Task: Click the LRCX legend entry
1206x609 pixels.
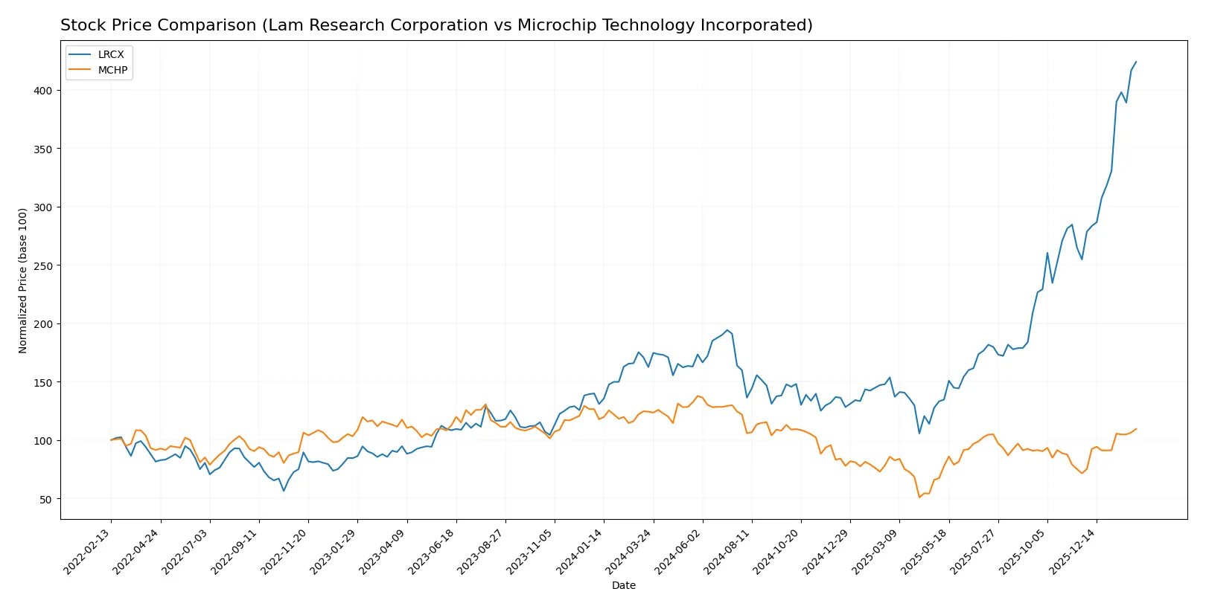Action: tap(110, 54)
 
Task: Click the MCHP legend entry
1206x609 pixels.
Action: tap(112, 70)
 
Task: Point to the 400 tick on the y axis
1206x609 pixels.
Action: tap(42, 91)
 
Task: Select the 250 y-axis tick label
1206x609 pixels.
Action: tap(42, 265)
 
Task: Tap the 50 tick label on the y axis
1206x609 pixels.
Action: tap(45, 499)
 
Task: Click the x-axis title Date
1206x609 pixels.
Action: tap(623, 586)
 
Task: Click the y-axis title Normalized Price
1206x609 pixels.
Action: tap(23, 280)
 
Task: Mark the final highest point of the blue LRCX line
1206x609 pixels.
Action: tap(1136, 62)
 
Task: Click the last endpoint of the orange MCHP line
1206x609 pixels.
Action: tap(1136, 429)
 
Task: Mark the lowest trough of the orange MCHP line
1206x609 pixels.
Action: tap(919, 497)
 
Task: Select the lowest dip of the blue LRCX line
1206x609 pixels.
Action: tap(284, 491)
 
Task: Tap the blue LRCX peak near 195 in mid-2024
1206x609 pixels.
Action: tap(727, 330)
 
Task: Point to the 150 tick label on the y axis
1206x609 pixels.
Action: tap(42, 382)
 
